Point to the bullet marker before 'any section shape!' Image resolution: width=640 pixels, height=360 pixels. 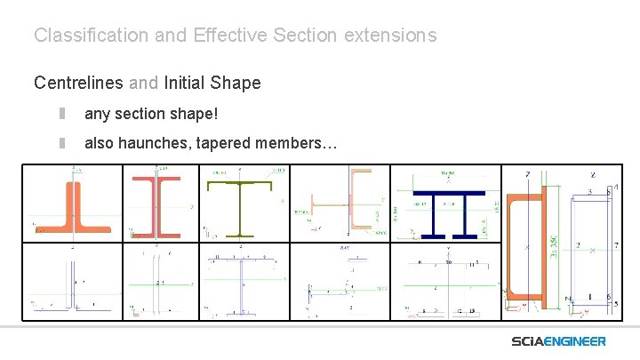[x=63, y=115]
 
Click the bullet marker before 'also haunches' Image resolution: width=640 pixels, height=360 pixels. [x=63, y=142]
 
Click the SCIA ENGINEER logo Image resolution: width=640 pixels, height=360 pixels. [x=558, y=341]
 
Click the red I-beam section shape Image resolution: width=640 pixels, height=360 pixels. [x=155, y=206]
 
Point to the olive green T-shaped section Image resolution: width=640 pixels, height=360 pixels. [x=240, y=209]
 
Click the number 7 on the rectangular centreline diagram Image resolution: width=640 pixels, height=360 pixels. [x=615, y=244]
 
